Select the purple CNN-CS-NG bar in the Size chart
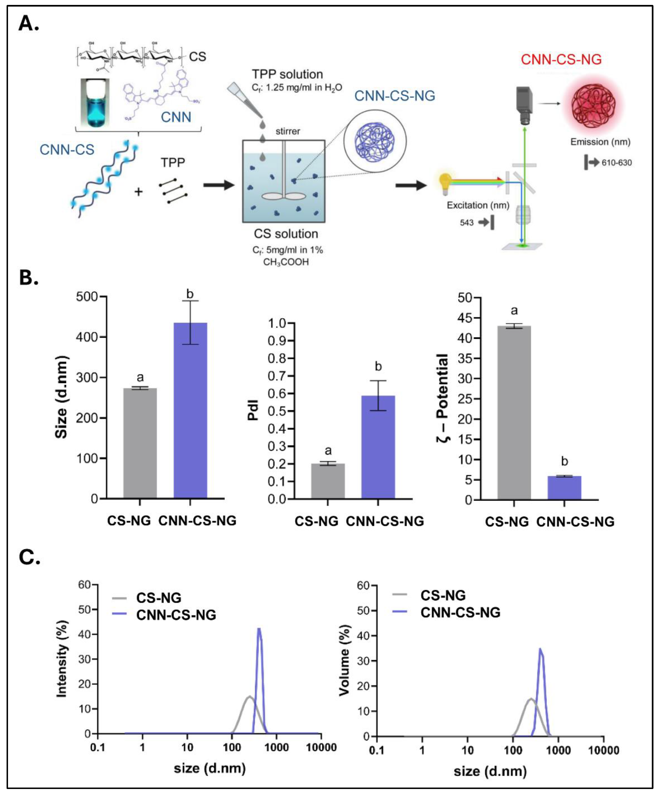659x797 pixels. (x=190, y=410)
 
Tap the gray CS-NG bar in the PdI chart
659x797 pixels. (x=328, y=480)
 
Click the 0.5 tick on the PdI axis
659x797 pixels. (x=277, y=411)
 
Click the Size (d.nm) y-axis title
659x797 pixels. (x=61, y=397)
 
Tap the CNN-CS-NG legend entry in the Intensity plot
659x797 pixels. (x=176, y=615)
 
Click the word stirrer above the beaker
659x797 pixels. (x=288, y=131)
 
